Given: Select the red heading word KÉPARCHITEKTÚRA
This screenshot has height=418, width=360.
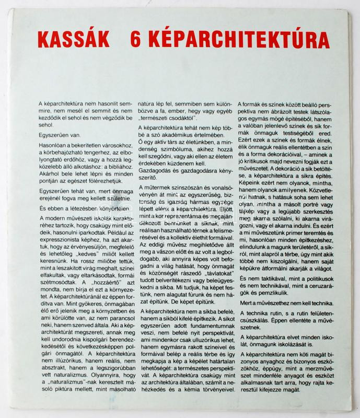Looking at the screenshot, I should (234, 40).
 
